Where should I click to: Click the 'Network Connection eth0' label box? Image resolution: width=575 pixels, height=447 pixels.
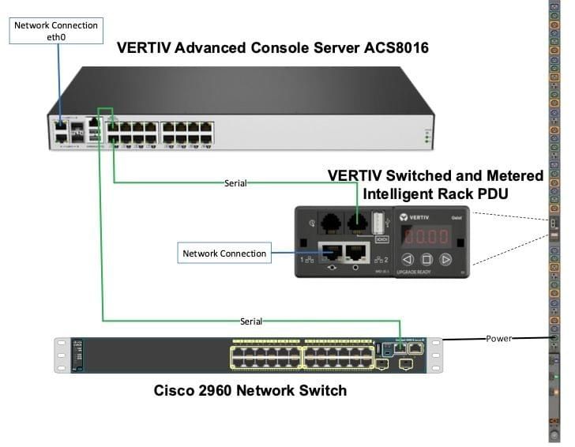(56, 31)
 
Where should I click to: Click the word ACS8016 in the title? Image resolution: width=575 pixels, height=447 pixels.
(389, 48)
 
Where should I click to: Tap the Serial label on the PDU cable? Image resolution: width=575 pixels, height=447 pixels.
(235, 183)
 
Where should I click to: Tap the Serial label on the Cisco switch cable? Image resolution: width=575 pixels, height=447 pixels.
(251, 321)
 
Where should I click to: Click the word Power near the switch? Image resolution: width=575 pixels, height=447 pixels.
(498, 338)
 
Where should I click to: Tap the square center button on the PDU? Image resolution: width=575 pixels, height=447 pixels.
(426, 259)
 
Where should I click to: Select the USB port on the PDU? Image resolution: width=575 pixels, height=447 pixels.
(378, 223)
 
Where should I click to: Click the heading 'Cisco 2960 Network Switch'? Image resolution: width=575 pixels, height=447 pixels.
(250, 390)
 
